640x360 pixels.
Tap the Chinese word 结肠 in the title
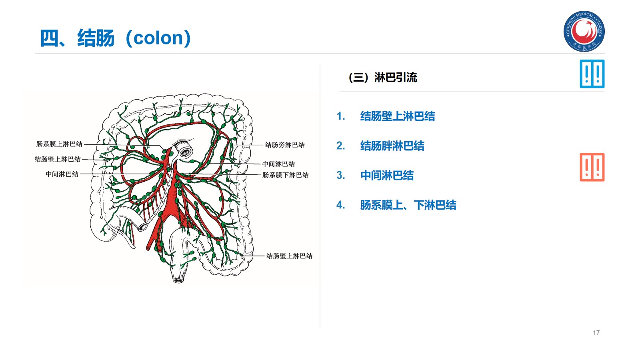coord(96,38)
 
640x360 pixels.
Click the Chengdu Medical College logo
coord(584,31)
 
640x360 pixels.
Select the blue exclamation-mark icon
coord(592,74)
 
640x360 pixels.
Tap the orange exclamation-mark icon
coord(592,167)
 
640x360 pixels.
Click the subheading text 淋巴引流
coord(396,77)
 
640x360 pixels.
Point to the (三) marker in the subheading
coord(358,77)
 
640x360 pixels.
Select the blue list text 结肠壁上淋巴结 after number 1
coord(397,116)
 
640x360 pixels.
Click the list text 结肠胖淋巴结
coord(392,146)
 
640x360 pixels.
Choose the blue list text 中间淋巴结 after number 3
coord(387,176)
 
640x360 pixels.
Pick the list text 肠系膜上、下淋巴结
coord(408,205)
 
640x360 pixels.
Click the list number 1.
coord(340,116)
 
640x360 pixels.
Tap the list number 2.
coord(340,146)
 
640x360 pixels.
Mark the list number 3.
coord(340,176)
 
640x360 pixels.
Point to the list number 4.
coord(340,205)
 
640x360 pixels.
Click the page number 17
coord(596,333)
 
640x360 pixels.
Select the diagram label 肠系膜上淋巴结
coord(59,144)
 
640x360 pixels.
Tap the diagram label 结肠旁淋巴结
coord(285,145)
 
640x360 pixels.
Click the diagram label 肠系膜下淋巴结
coord(285,175)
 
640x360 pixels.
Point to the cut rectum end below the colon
coord(178,278)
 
